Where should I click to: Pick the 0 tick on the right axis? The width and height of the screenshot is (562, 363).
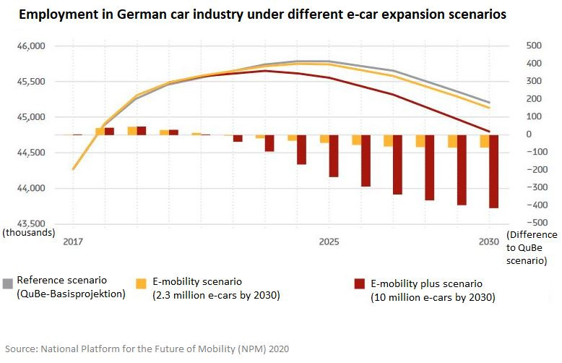(x=509, y=134)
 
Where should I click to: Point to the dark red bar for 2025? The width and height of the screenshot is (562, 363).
(x=334, y=155)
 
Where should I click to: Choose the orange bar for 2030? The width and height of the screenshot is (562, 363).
(x=485, y=141)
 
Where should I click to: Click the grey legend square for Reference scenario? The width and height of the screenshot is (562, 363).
(x=8, y=281)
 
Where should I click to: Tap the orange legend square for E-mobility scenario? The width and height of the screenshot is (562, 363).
(x=142, y=282)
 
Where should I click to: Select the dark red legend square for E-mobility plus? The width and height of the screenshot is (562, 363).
(x=359, y=284)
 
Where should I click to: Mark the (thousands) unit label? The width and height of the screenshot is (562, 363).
(x=28, y=232)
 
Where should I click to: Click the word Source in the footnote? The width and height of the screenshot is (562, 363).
(x=22, y=348)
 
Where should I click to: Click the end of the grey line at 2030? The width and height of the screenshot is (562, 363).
(x=490, y=103)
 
